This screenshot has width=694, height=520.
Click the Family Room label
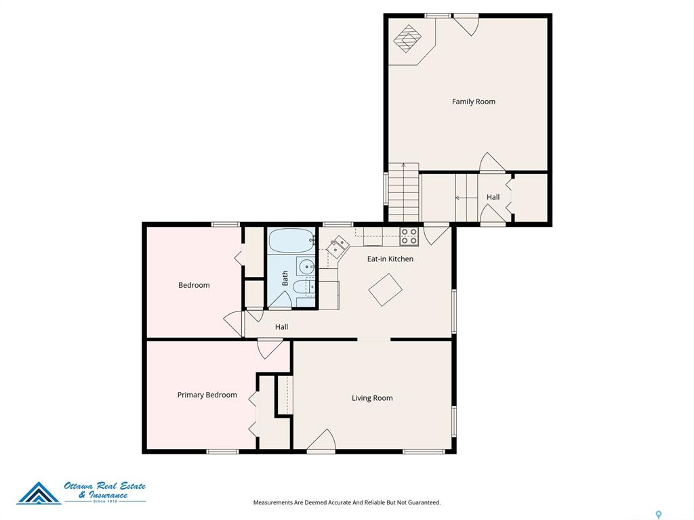[473, 102]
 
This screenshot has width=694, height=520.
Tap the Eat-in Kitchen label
[390, 259]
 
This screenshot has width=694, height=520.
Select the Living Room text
[372, 398]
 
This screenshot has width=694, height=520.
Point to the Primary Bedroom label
[207, 395]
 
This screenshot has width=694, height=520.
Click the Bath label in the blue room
[285, 278]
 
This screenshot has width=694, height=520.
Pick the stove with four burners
[409, 236]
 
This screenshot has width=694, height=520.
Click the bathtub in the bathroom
[292, 240]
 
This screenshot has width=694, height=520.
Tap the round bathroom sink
[306, 267]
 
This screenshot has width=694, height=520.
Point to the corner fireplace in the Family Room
[407, 39]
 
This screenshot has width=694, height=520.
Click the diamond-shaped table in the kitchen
[386, 290]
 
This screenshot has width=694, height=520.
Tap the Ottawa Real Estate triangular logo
[39, 494]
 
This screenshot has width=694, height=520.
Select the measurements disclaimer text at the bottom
[346, 502]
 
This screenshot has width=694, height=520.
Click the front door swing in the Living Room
[321, 439]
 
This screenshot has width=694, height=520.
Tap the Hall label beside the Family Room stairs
[493, 197]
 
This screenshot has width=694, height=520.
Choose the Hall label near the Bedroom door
[281, 327]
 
